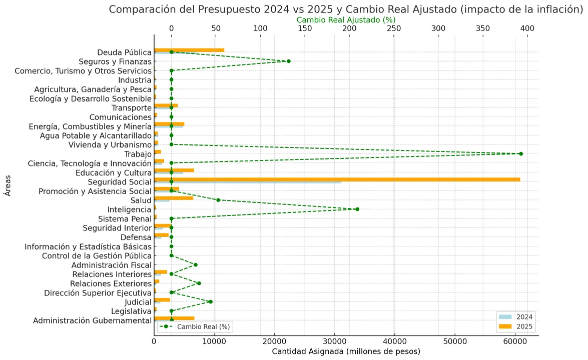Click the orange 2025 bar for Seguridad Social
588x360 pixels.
click(x=337, y=179)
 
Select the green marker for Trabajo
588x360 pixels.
click(x=521, y=153)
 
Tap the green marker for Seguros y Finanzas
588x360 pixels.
click(x=288, y=61)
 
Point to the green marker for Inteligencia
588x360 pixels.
click(x=357, y=209)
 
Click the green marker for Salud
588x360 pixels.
click(x=218, y=200)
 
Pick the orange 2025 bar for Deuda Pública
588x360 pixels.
click(x=189, y=50)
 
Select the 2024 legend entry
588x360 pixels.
click(x=515, y=316)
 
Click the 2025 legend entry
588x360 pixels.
click(x=515, y=326)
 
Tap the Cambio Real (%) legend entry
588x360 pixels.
click(x=196, y=326)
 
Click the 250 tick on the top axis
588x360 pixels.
click(x=394, y=28)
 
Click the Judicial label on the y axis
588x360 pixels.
click(x=138, y=302)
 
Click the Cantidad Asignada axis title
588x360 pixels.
click(x=346, y=351)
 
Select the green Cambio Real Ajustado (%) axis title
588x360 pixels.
click(x=346, y=19)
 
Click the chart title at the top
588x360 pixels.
click(x=346, y=9)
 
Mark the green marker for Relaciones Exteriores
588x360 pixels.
click(x=199, y=283)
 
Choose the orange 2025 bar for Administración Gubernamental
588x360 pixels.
click(x=174, y=318)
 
